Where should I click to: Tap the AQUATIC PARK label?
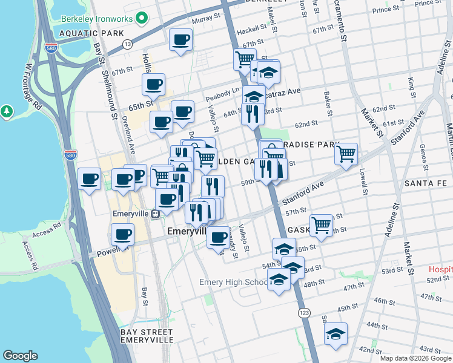88,33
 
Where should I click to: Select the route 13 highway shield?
127,44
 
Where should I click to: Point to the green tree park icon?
7,111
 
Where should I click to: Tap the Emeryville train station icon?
156,213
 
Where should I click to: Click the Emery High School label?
234,283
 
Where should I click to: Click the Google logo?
21,356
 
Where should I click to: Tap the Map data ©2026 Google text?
415,358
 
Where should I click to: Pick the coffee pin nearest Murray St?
181,41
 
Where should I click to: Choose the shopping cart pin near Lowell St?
346,154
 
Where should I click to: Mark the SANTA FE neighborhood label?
426,183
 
